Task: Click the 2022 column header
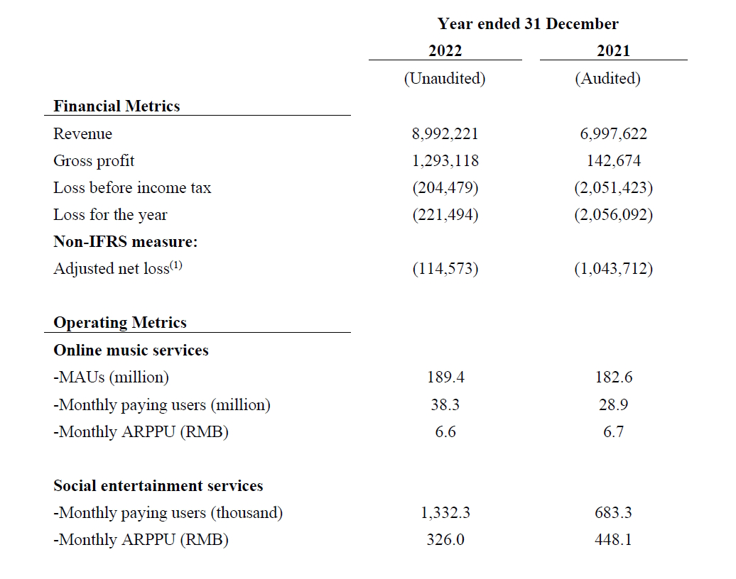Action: pyautogui.click(x=445, y=50)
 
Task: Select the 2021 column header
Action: pyautogui.click(x=613, y=50)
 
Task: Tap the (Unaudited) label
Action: pyautogui.click(x=445, y=78)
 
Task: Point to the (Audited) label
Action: pyautogui.click(x=608, y=78)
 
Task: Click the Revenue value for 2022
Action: pyautogui.click(x=445, y=134)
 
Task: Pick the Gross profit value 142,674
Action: pyautogui.click(x=614, y=161)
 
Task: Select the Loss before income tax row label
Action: pyautogui.click(x=132, y=187)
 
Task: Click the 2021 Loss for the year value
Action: pyautogui.click(x=614, y=215)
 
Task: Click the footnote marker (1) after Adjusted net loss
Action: pyautogui.click(x=176, y=265)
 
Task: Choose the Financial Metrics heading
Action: pyautogui.click(x=117, y=106)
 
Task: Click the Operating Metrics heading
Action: pyautogui.click(x=120, y=323)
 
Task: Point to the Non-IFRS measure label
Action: pyautogui.click(x=126, y=241)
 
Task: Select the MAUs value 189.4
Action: pyautogui.click(x=445, y=377)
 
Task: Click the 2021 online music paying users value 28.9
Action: pyautogui.click(x=613, y=404)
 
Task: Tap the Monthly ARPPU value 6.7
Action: pyautogui.click(x=614, y=431)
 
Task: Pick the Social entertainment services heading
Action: pyautogui.click(x=158, y=486)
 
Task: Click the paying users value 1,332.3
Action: pyautogui.click(x=445, y=513)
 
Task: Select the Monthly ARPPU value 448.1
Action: pyautogui.click(x=614, y=539)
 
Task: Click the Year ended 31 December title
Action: pyautogui.click(x=528, y=23)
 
